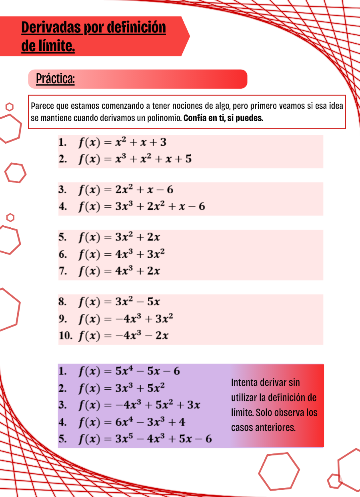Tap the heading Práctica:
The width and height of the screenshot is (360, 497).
(55, 79)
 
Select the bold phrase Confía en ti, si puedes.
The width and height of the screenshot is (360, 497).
(223, 118)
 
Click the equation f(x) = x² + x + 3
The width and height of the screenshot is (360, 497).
(122, 142)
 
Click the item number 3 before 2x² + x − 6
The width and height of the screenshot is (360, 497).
(62, 190)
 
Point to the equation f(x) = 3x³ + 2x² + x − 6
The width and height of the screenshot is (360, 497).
(141, 206)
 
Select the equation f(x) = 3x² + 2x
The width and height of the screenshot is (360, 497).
(119, 237)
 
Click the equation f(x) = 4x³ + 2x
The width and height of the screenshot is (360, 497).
(119, 271)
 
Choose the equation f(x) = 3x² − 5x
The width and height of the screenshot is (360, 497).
(119, 302)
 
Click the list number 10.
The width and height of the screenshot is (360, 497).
(65, 336)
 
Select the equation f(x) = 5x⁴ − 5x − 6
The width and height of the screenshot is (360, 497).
(129, 371)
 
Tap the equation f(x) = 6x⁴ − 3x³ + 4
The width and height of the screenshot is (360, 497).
(131, 422)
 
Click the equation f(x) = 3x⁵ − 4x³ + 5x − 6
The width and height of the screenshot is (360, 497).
(145, 439)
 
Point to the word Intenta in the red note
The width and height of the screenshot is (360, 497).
(244, 382)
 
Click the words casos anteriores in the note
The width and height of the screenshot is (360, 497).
(263, 427)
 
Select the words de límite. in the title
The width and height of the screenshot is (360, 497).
(48, 46)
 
